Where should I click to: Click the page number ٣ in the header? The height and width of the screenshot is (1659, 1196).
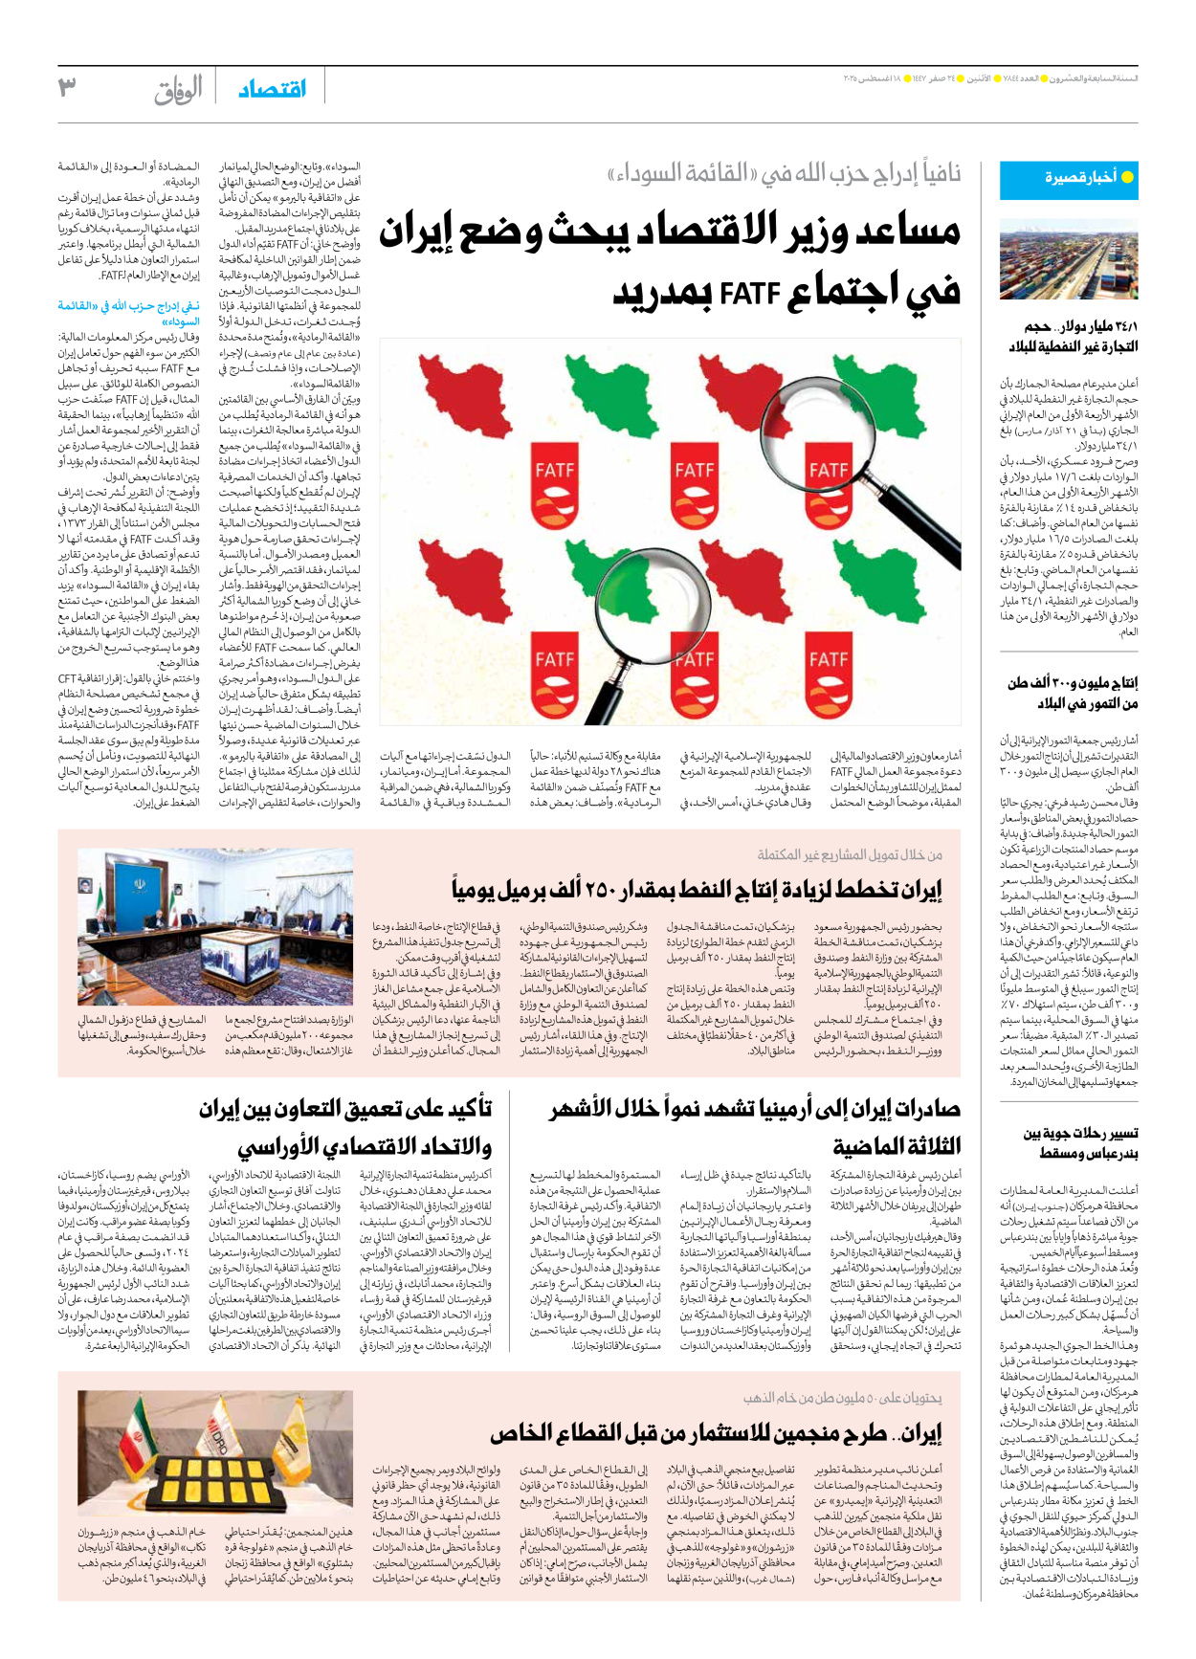tap(67, 87)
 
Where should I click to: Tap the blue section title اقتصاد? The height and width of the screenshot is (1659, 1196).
tap(272, 89)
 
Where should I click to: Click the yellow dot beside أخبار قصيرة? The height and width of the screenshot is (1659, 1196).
tap(1126, 177)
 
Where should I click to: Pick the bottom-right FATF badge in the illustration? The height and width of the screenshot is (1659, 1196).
tap(829, 675)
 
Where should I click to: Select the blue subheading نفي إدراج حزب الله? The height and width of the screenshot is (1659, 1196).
tap(129, 313)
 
